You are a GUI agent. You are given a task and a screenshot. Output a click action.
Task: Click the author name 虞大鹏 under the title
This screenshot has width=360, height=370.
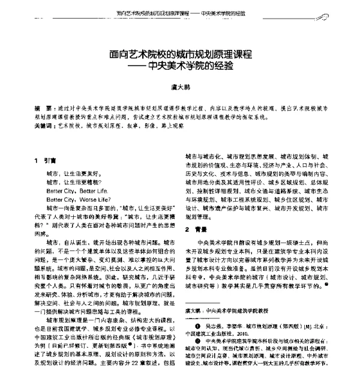(x=180, y=86)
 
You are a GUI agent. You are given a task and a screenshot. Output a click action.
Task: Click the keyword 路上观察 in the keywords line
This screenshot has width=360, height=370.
(x=167, y=127)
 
